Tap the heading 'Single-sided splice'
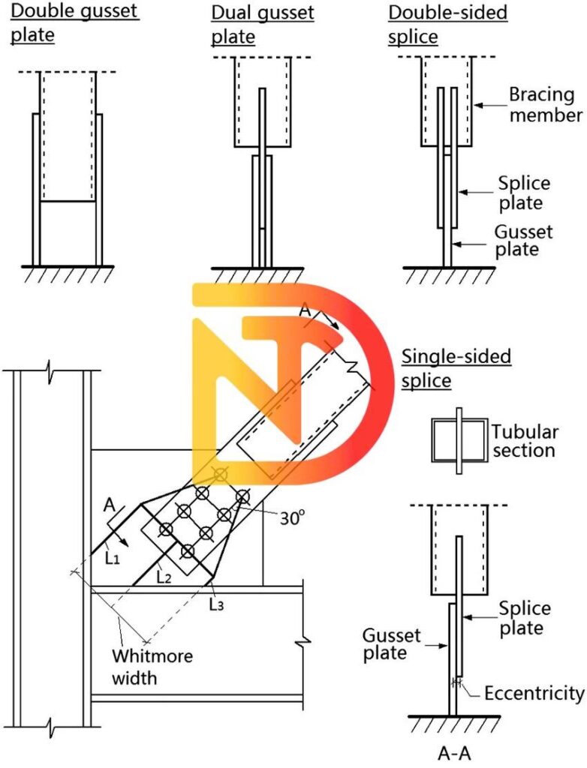pos(456,367)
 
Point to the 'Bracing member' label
pos(545,105)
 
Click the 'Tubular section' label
pos(525,441)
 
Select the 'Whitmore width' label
pos(152,667)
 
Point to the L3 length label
pos(216,604)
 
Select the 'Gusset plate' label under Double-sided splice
pos(522,240)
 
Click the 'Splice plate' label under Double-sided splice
pos(524,193)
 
